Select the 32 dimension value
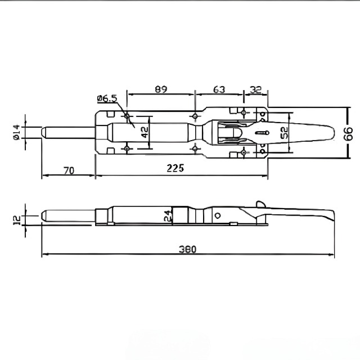coord(255,89)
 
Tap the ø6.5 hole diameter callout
coord(106,99)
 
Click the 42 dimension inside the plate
coord(144,133)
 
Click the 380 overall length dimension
coord(187,249)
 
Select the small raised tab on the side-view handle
coord(259,204)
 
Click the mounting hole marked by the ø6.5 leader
coord(128,116)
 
